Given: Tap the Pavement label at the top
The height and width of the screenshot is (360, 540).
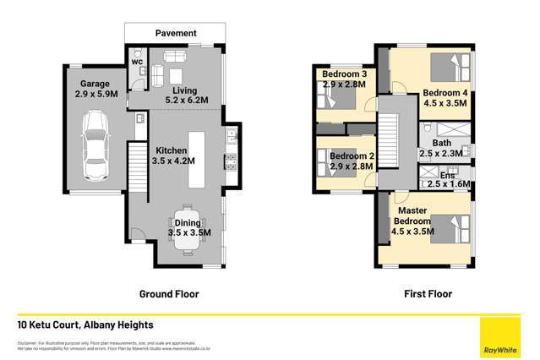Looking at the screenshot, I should (x=176, y=33).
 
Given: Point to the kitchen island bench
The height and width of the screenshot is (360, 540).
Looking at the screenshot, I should (x=198, y=161).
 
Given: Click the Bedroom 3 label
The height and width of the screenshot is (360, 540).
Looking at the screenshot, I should (x=343, y=74).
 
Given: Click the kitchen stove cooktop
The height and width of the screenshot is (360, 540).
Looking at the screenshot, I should (x=229, y=160).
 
